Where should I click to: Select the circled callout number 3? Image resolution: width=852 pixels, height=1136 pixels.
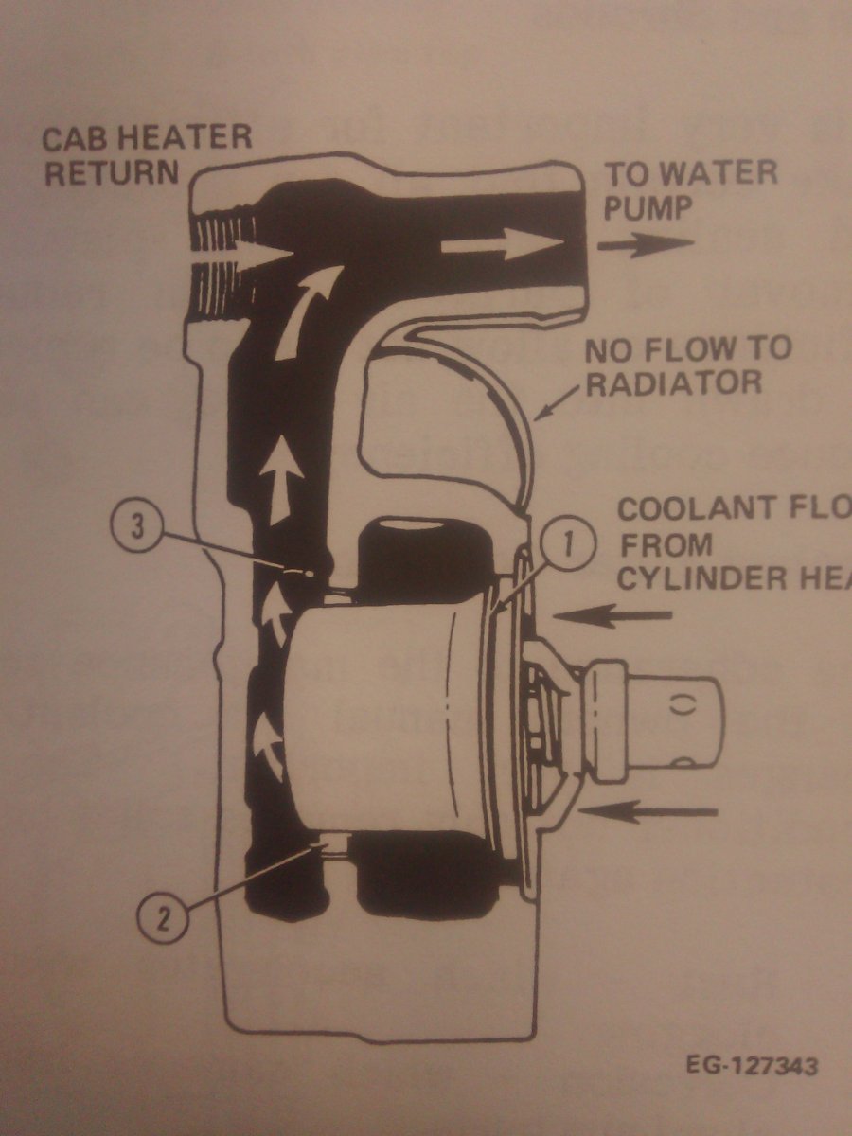137,527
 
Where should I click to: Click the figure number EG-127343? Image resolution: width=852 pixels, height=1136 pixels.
752,1066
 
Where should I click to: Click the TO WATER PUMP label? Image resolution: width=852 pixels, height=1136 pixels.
691,189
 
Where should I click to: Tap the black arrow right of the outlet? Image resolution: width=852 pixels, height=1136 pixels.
647,244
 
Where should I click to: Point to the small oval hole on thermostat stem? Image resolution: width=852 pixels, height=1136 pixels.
679,703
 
